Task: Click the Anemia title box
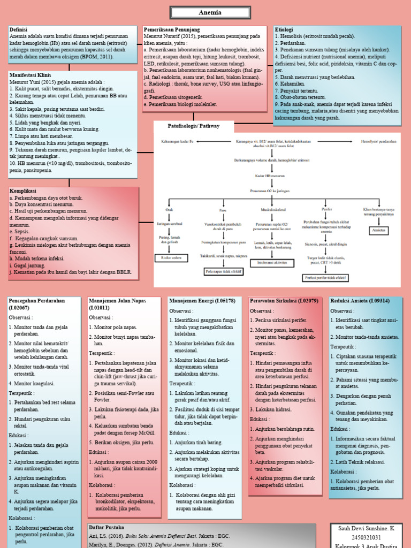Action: click(x=205, y=12)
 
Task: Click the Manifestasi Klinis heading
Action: click(x=30, y=75)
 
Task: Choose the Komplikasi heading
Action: click(x=24, y=191)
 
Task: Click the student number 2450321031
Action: click(x=366, y=537)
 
